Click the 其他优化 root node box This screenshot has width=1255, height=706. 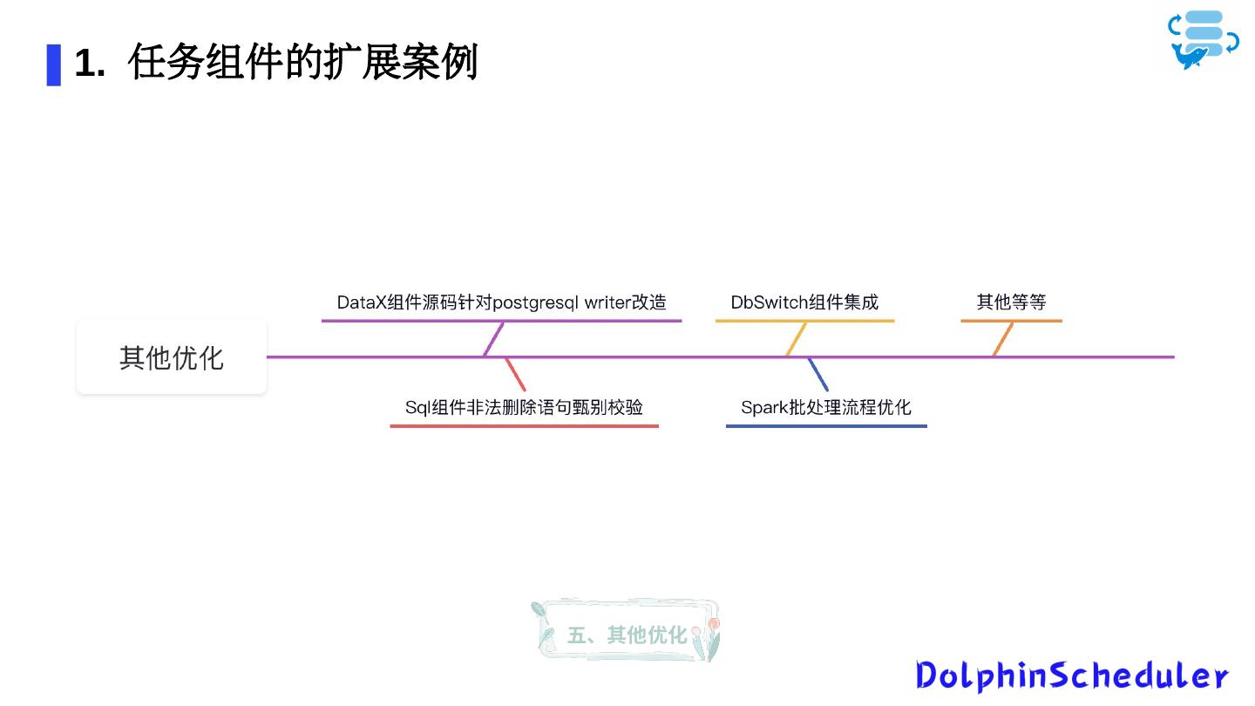tap(172, 357)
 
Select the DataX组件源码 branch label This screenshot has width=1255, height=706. tap(501, 302)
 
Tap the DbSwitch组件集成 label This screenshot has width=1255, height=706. tap(804, 302)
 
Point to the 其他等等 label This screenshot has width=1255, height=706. tap(1011, 302)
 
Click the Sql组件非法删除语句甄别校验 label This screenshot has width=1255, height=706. tap(524, 407)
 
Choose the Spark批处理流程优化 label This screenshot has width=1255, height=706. tap(825, 407)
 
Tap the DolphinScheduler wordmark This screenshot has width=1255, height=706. tap(1072, 675)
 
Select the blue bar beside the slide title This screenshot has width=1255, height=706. tap(54, 64)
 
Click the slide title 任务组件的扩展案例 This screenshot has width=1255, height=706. tap(302, 63)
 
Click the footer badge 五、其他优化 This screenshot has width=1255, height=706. tap(626, 635)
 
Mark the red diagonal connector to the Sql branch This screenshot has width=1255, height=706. tap(515, 374)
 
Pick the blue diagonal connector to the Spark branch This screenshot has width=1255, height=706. tap(817, 374)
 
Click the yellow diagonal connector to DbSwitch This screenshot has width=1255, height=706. tap(796, 338)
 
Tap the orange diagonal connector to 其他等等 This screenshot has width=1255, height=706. tap(1002, 338)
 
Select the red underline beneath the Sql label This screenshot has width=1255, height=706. tap(524, 426)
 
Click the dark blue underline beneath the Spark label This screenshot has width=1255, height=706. tap(825, 426)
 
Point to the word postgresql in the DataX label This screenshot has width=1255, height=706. tap(535, 302)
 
